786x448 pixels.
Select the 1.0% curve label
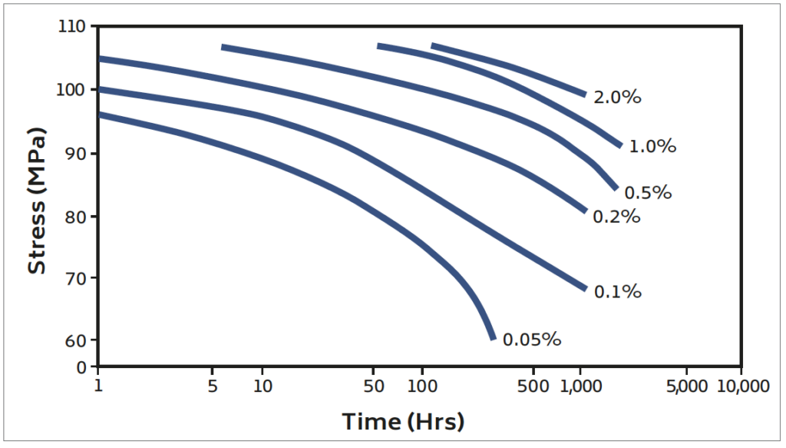click(x=652, y=146)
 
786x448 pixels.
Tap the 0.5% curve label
click(x=648, y=192)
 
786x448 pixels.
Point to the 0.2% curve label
click(x=616, y=217)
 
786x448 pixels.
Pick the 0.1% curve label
click(x=617, y=292)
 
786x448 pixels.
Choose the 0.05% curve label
click(x=532, y=339)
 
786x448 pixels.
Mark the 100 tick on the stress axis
click(x=74, y=90)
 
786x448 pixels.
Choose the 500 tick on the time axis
click(x=533, y=386)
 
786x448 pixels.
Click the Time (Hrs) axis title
click(x=403, y=422)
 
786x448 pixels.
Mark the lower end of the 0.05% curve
click(x=493, y=337)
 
